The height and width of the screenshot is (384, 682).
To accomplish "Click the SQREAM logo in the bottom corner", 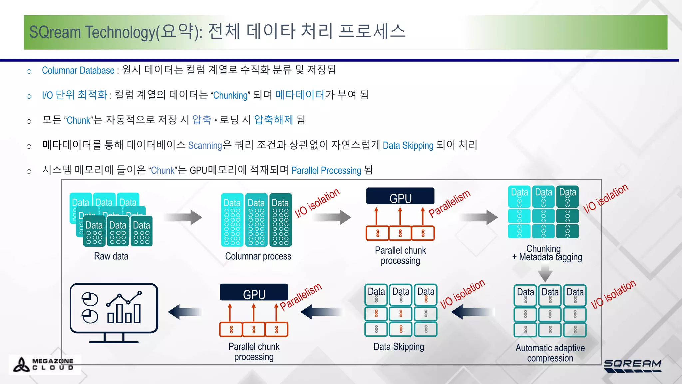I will [632, 366].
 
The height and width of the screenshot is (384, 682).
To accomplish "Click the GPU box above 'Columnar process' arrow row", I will [400, 196].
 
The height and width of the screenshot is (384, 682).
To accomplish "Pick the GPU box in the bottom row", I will [254, 292].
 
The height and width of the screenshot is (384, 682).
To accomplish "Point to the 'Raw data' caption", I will [111, 256].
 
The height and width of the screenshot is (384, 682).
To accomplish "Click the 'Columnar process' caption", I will [258, 256].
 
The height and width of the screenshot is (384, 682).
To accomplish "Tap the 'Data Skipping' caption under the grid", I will [399, 347].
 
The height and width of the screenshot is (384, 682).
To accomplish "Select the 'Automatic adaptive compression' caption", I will [550, 353].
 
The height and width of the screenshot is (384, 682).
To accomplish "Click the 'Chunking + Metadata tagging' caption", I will [547, 253].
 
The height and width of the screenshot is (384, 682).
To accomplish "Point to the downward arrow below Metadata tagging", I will [545, 272].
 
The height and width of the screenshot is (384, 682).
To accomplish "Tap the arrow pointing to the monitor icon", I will [185, 312].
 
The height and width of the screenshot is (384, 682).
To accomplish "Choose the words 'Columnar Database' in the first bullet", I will [78, 71].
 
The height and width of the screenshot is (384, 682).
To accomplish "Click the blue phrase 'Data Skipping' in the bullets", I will [408, 146].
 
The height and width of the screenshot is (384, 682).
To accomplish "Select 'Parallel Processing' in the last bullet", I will [326, 171].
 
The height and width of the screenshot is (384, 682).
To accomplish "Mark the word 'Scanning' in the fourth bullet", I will [205, 146].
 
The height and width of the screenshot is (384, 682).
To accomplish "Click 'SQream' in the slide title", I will [55, 32].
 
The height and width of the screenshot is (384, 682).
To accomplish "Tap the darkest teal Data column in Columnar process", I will [280, 220].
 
